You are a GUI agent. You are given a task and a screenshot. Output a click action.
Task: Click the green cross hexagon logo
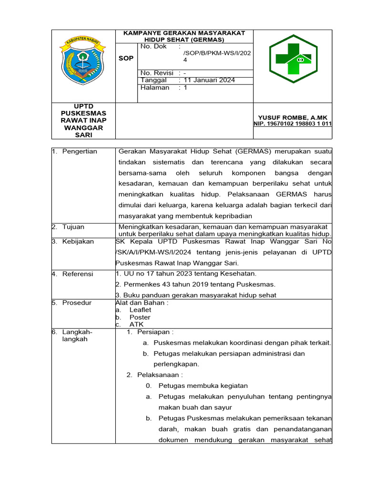coord(293,59)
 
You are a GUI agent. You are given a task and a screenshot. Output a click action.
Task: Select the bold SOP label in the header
coord(126,58)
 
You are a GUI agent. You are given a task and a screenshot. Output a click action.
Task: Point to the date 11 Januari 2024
coord(209,80)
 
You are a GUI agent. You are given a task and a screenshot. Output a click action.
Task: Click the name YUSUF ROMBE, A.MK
coord(293,117)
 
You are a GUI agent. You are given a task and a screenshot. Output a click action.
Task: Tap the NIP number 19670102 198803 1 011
coord(293,124)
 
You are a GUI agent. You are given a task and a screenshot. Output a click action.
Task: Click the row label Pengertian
coord(80,152)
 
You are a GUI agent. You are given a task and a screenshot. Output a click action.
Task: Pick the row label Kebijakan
coord(78,242)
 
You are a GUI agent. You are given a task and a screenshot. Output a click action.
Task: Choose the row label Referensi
coord(78,274)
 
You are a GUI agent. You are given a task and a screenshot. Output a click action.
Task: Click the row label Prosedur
coord(77,303)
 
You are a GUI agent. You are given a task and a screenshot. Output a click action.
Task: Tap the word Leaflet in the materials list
coord(140,310)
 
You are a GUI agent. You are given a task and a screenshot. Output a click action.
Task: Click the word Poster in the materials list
coord(140,317)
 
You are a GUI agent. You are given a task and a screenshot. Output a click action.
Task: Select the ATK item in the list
coord(136,325)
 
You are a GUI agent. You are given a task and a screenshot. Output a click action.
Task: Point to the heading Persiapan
coord(155,332)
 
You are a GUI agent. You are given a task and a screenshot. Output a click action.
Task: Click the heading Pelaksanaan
coord(160,375)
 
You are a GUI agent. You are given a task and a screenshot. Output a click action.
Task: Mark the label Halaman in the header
coord(155,88)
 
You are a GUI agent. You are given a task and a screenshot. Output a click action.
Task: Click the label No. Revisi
coord(157,73)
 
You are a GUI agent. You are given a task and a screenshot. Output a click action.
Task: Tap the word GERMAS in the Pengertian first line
coord(252,152)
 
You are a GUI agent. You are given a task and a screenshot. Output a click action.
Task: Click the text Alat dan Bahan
coord(142,303)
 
